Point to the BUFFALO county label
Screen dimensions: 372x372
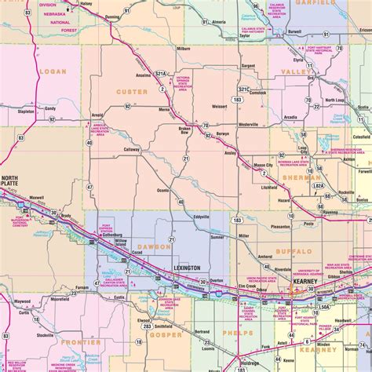(x=294, y=251)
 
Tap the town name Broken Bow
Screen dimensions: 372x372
(x=185, y=130)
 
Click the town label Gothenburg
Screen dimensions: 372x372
(x=115, y=235)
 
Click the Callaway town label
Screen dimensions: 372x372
(x=131, y=149)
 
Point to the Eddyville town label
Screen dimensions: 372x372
(x=201, y=217)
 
